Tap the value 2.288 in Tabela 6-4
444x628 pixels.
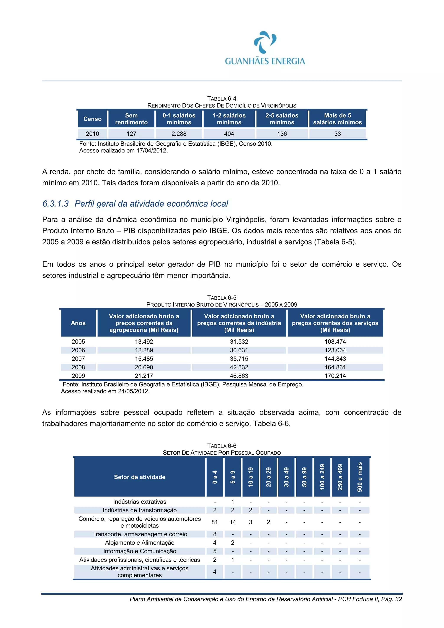pos(179,134)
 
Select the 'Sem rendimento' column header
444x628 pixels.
pos(131,119)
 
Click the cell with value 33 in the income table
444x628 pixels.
pos(337,134)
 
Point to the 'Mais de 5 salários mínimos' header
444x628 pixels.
pos(337,119)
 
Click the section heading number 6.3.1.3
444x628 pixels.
pos(55,204)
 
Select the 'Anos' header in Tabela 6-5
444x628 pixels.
pos(78,323)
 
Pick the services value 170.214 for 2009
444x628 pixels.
pos(335,376)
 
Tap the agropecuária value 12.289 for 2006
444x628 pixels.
pos(144,350)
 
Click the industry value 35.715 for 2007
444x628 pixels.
pos(239,359)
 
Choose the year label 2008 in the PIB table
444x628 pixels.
pos(78,367)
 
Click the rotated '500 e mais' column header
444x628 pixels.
pos(359,477)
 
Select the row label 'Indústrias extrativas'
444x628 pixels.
pos(140,502)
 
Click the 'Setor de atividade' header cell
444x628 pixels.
pos(140,477)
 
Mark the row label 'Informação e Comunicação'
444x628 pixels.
pos(140,551)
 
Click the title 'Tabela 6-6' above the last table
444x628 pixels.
pos(222,446)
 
